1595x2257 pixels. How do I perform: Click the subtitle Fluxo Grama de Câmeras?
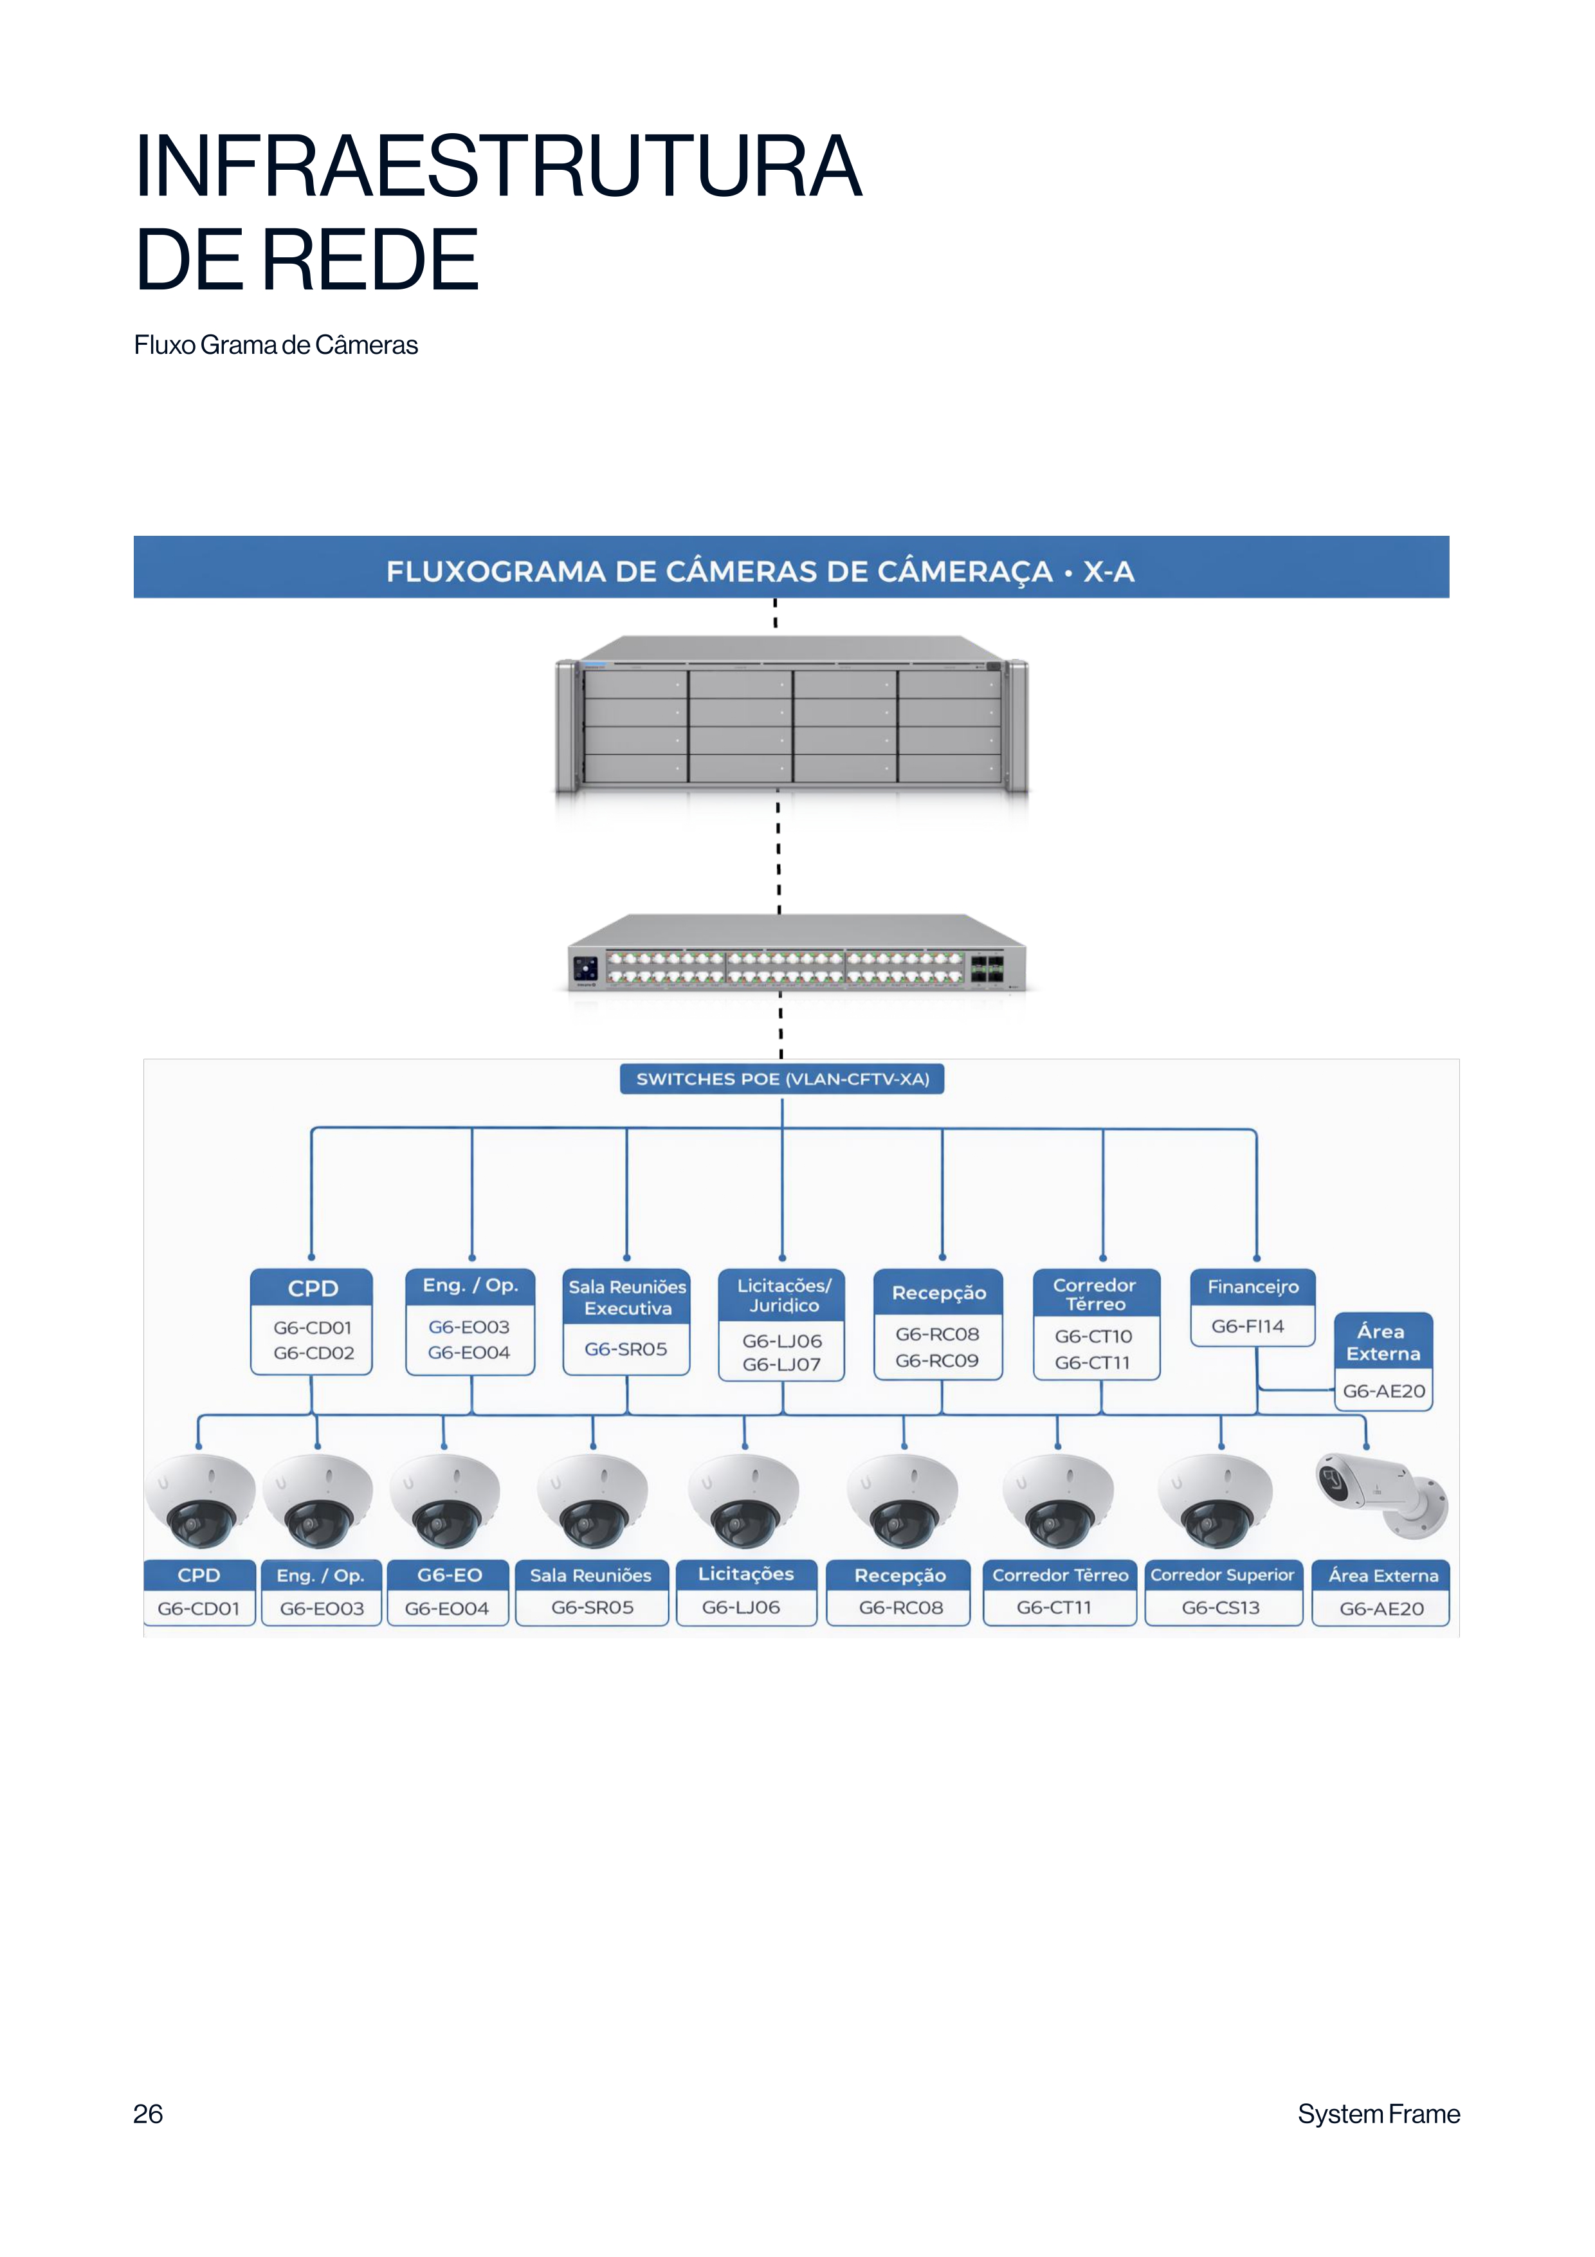[276, 345]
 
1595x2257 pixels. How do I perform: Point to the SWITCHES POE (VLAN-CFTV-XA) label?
[782, 1079]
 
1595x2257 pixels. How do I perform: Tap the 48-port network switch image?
[796, 953]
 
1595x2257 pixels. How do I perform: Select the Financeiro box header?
[1253, 1287]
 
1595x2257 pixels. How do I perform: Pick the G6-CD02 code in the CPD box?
[313, 1353]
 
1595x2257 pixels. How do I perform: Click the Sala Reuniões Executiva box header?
[627, 1297]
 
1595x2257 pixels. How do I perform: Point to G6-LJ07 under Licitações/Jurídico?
[781, 1364]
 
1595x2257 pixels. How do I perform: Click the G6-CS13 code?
[1221, 1607]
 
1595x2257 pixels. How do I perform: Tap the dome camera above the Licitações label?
[744, 1500]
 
